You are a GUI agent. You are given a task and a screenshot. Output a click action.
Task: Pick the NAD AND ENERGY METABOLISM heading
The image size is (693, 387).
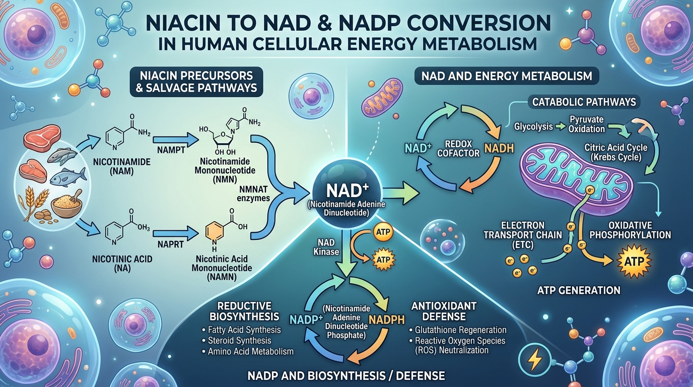[x=506, y=77]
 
